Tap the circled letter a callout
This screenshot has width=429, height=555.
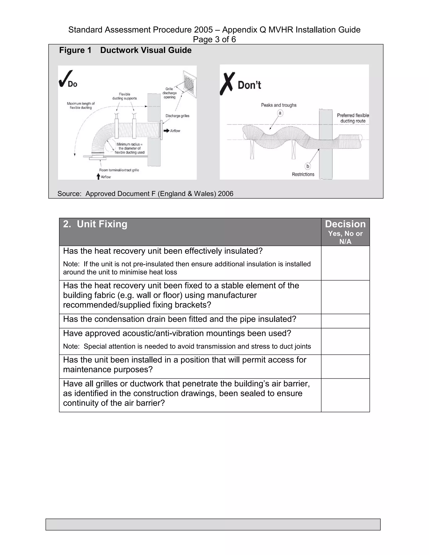280,113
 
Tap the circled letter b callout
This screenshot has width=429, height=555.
308,166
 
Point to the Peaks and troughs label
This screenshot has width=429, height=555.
279,105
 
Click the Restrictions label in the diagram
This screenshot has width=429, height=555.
303,174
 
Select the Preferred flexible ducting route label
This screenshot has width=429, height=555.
353,118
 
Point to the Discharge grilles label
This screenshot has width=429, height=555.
177,116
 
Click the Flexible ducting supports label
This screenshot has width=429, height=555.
125,96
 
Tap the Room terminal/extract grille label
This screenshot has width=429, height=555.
119,170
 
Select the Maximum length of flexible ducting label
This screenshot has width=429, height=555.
81,106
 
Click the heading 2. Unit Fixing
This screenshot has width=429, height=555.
95,224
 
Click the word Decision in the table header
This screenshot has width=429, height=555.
345,224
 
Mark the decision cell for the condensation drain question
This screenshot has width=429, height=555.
345,321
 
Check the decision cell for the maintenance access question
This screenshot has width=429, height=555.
345,367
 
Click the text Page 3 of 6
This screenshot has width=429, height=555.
214,39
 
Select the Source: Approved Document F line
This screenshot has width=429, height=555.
145,194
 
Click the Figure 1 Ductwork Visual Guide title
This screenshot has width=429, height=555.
125,50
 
